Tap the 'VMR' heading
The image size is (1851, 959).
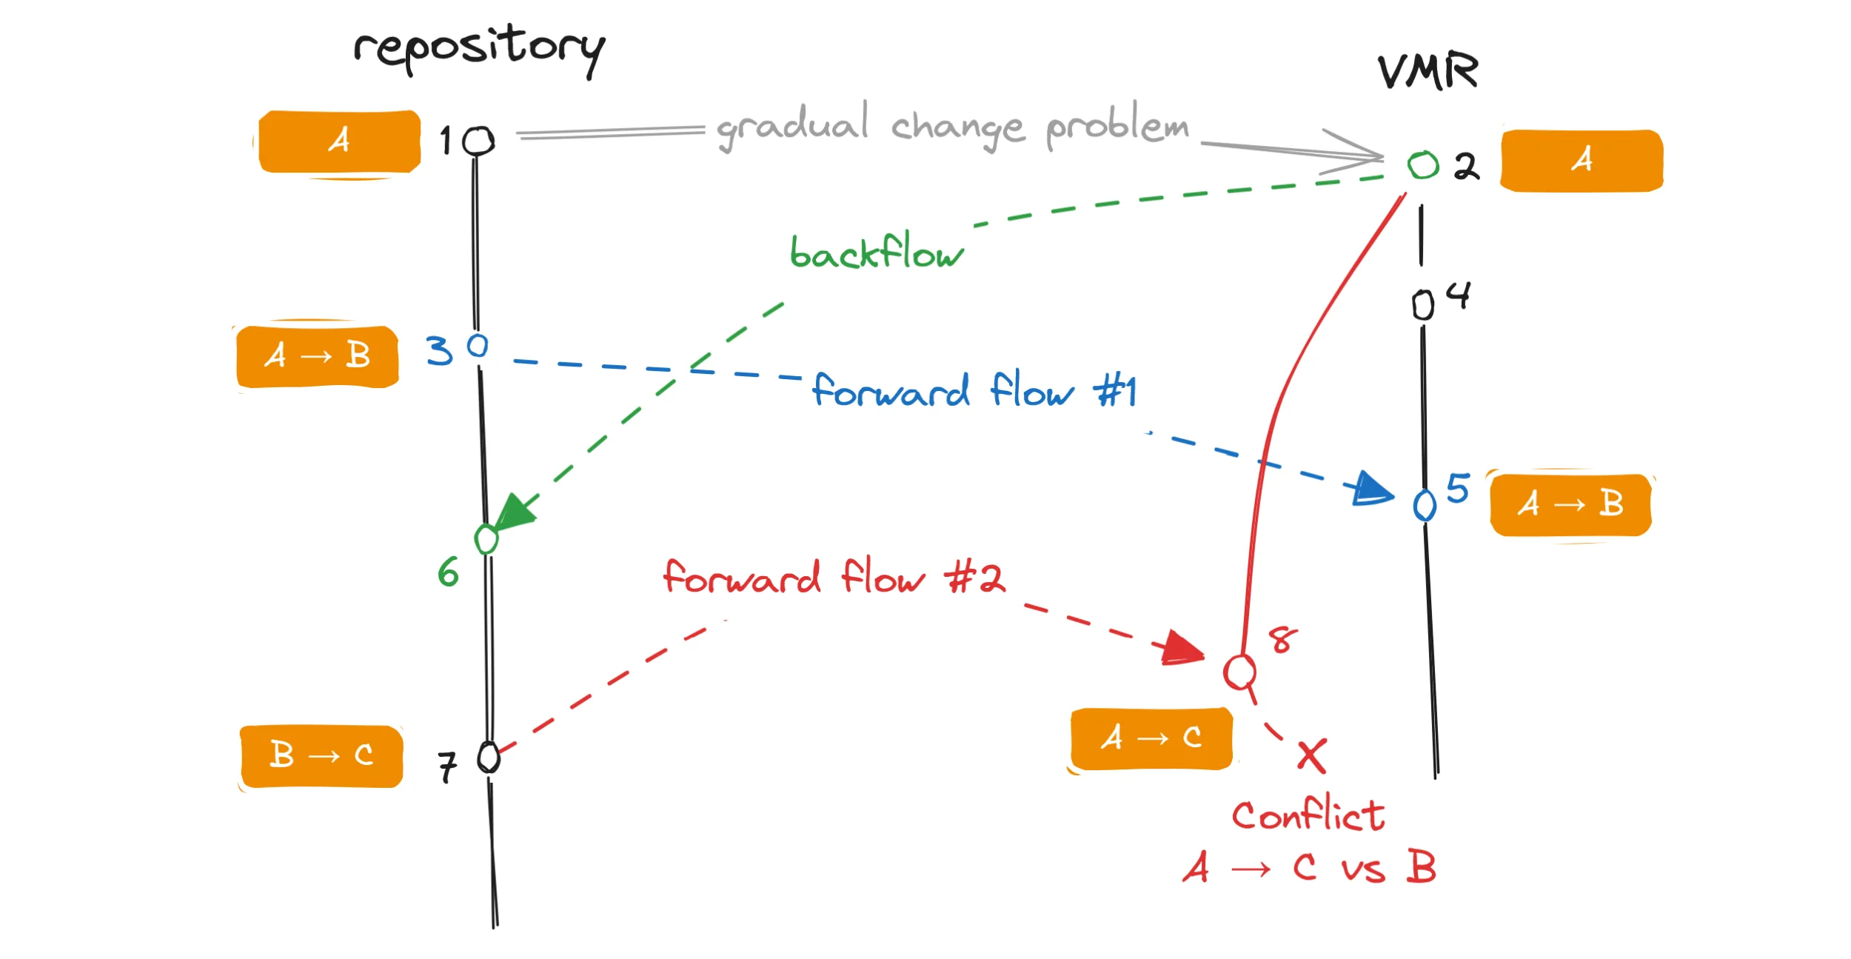1427,72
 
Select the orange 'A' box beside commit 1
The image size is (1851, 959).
340,141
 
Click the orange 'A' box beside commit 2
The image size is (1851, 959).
1581,161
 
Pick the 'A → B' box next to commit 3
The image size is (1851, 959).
318,356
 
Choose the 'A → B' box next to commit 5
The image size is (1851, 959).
1570,505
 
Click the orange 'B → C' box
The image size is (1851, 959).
321,756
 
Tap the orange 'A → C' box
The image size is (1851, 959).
1151,738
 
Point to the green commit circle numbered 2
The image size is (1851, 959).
1422,165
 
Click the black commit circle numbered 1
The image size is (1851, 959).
478,141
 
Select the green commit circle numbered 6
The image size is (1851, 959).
486,539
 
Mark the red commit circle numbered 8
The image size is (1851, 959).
1239,672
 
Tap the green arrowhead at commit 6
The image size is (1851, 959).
515,512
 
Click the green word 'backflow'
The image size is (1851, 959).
877,252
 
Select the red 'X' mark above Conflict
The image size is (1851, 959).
1312,756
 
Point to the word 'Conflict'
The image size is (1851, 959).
1308,815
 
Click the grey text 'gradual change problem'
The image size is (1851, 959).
952,126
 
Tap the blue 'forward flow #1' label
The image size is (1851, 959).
974,390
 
